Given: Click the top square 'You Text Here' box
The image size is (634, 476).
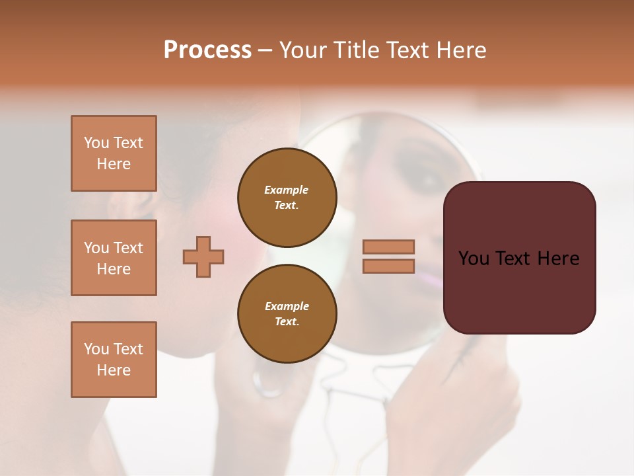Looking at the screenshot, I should [114, 153].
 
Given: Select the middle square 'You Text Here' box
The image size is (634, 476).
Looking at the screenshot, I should [114, 258].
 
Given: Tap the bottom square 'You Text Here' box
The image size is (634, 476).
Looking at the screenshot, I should [114, 360].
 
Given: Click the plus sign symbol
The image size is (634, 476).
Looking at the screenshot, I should [203, 257].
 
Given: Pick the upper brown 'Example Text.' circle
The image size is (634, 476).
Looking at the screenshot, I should [287, 197].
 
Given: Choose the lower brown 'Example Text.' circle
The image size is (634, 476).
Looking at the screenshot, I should [287, 313].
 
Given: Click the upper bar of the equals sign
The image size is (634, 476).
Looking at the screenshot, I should [389, 247].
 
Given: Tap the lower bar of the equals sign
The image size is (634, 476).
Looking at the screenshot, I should [389, 266].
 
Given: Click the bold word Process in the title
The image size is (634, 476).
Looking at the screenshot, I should [207, 50].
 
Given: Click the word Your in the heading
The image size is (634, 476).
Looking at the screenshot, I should [304, 50].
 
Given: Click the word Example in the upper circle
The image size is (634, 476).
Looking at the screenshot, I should [287, 190].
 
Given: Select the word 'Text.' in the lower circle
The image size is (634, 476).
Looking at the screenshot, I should [287, 321].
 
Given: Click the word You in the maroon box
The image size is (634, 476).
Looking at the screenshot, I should [475, 258].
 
